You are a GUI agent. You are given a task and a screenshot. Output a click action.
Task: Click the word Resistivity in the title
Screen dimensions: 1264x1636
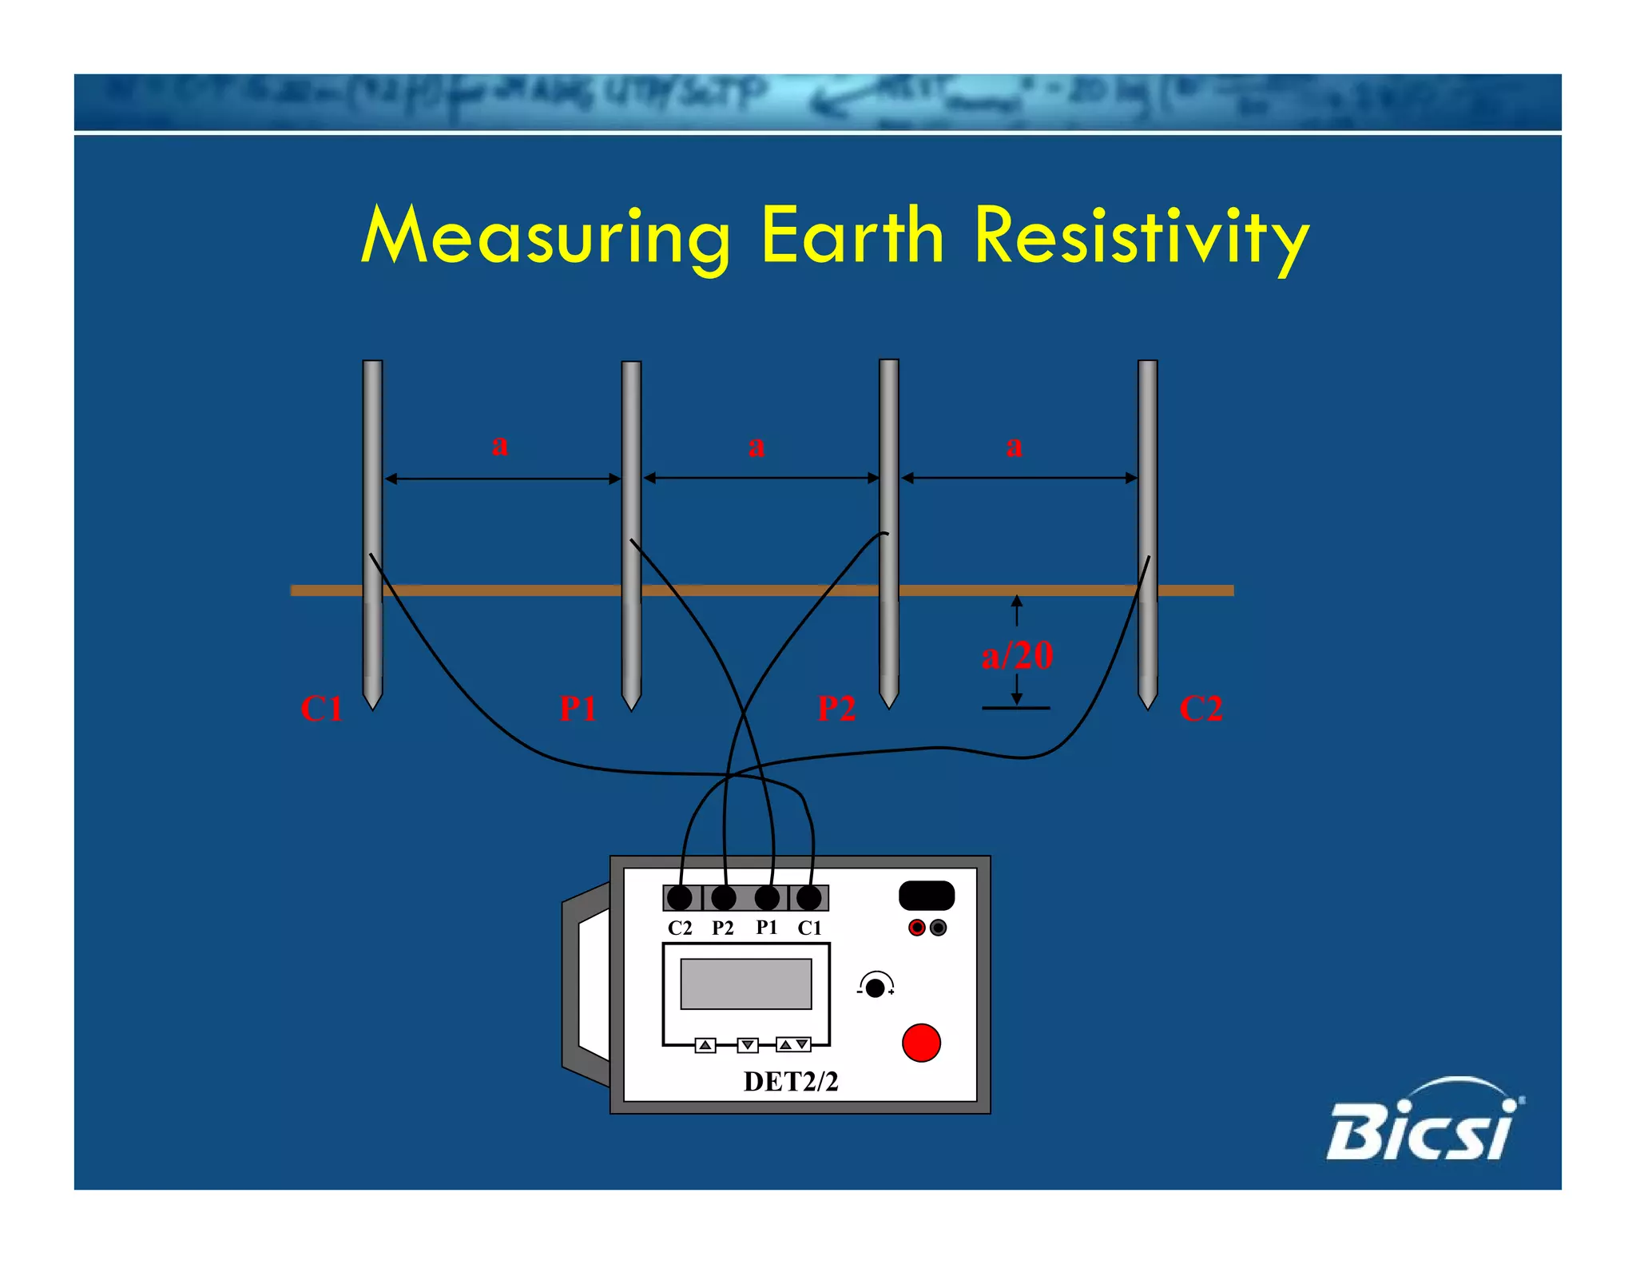tap(1142, 237)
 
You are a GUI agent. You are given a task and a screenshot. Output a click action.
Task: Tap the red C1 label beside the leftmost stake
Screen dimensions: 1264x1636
tap(321, 709)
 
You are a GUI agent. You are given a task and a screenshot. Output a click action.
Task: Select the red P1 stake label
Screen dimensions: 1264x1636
tap(578, 709)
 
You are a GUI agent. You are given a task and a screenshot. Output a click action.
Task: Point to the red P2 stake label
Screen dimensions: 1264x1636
tap(836, 709)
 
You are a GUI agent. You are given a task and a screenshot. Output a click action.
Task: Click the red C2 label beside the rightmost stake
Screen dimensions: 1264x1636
tap(1201, 709)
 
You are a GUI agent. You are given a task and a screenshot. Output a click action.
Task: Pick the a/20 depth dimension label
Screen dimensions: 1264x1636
tap(1017, 656)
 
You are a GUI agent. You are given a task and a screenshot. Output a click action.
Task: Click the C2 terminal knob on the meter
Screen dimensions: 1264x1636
tap(680, 898)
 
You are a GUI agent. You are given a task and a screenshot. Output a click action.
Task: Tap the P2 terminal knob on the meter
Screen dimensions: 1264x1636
tap(724, 898)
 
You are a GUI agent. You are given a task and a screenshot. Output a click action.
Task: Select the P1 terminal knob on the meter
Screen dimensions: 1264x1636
tap(767, 898)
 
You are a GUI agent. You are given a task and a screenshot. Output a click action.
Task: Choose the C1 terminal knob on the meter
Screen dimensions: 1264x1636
tap(809, 898)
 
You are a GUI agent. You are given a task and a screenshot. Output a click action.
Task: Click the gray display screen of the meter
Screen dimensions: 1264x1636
tap(745, 984)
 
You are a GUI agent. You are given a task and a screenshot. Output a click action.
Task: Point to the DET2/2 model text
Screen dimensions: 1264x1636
tap(791, 1082)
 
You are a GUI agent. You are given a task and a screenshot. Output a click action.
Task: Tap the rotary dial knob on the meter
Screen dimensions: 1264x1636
tap(876, 988)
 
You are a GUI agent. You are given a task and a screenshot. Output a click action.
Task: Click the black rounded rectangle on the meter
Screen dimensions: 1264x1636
tap(927, 896)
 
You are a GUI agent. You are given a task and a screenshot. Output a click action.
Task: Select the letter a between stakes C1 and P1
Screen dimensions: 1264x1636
tap(500, 445)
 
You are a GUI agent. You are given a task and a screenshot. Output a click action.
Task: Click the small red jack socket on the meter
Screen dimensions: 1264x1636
tap(917, 928)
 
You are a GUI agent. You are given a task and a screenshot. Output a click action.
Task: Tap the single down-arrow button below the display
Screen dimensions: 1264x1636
tap(748, 1045)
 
